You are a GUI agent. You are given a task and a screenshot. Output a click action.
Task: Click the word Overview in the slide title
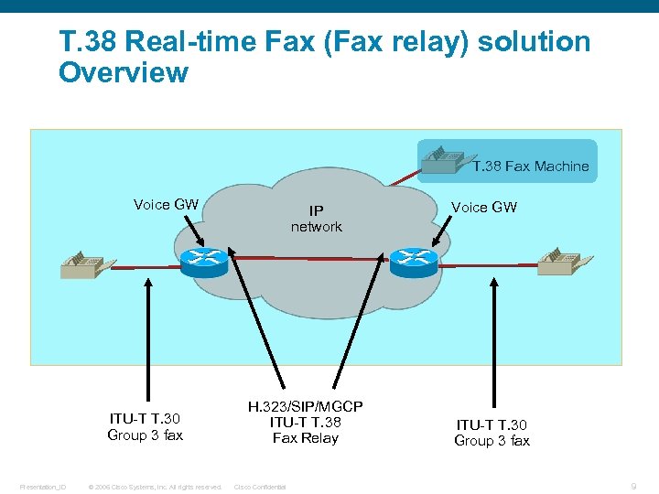pos(124,72)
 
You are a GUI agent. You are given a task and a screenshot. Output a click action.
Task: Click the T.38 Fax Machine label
pos(531,166)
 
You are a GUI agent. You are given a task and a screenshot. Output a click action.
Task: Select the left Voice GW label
pos(166,204)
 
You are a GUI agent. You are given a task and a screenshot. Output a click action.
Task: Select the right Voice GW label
pos(484,207)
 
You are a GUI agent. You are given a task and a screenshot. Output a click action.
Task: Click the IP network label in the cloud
pos(316,219)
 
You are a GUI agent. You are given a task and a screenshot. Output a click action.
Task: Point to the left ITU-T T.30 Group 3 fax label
pos(145,427)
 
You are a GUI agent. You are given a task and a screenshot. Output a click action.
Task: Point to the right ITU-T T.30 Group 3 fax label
pos(492,433)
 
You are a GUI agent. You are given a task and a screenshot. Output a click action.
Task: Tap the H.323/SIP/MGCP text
pos(305,405)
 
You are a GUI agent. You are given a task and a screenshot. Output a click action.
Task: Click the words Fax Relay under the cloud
pos(305,438)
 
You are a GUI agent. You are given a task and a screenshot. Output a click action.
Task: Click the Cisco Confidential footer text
pos(260,487)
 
